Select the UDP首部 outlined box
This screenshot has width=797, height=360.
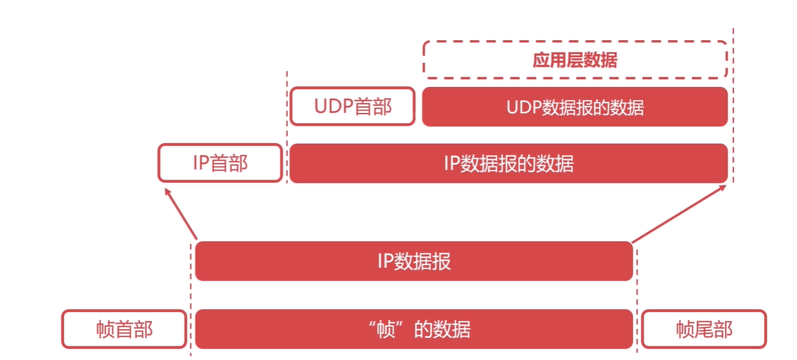pos(352,106)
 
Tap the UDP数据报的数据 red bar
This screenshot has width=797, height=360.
pos(575,107)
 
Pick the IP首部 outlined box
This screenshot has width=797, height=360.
pos(220,163)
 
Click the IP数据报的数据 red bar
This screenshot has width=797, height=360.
pos(508,163)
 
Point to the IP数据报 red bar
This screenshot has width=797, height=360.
pos(414,261)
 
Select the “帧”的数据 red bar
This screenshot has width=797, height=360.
pos(414,329)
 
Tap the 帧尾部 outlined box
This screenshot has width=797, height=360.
pos(704,329)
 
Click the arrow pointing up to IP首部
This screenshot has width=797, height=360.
pos(181,214)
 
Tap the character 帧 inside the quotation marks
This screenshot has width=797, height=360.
pos(387,329)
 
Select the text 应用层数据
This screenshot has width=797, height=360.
pos(575,60)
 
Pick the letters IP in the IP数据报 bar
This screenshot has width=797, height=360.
pos(385,261)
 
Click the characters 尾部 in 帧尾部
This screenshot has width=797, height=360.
pos(713,329)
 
